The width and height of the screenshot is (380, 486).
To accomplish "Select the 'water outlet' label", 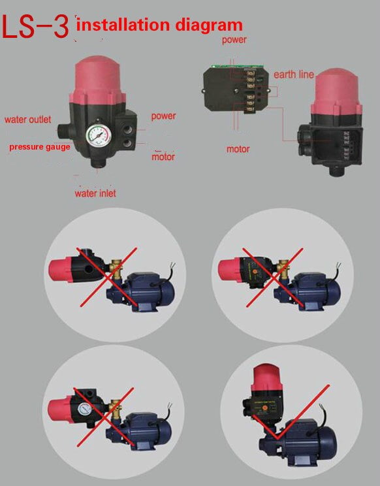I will point(29,120).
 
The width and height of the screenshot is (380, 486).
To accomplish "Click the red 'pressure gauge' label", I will point(39,147).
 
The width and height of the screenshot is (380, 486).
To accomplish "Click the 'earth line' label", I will point(293,74).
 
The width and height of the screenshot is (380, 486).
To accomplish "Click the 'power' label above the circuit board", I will point(234,40).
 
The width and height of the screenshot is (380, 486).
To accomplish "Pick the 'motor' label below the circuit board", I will point(238,149).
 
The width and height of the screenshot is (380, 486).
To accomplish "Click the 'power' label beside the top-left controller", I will point(163,116).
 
